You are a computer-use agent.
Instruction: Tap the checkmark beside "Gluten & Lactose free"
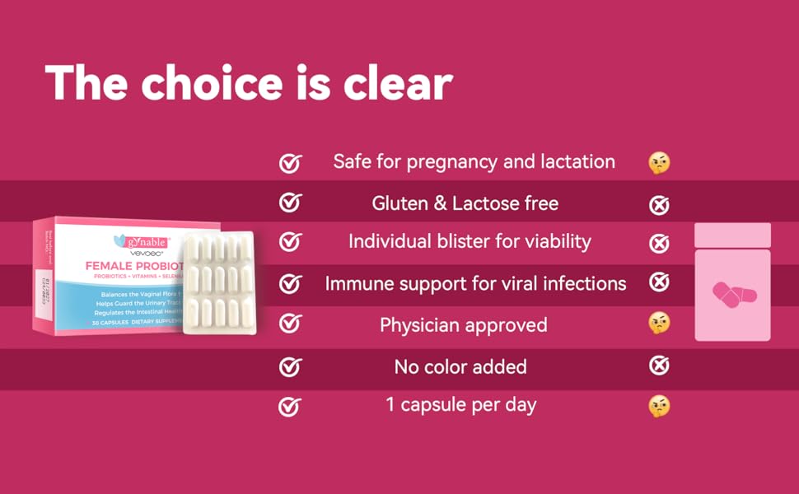tap(289, 203)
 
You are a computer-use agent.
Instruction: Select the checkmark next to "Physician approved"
tap(289, 324)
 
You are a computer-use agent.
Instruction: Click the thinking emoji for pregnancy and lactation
tap(659, 162)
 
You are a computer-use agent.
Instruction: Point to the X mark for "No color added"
tap(659, 365)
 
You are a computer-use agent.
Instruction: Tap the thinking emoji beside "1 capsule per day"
tap(659, 405)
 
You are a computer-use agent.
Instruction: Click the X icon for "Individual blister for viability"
tap(659, 243)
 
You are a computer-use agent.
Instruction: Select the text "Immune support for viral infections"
tap(475, 284)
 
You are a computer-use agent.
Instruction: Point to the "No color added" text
tap(460, 366)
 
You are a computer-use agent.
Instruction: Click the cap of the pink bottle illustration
tap(732, 234)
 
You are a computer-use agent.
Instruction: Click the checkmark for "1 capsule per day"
tap(289, 406)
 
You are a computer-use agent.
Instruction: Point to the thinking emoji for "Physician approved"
tap(659, 324)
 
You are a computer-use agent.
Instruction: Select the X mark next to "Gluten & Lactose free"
tap(659, 204)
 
